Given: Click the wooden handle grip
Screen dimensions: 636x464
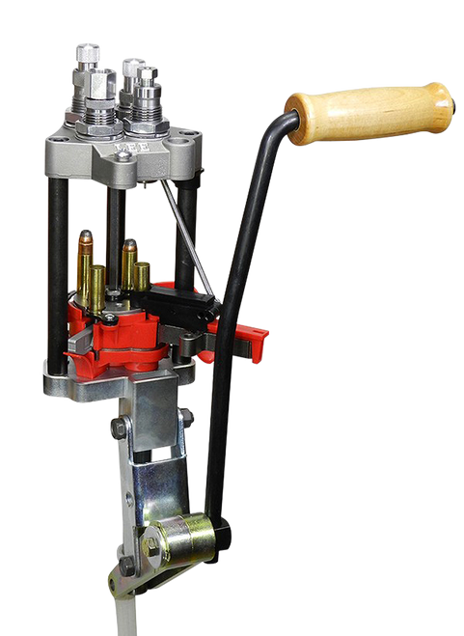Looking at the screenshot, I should pos(371,112).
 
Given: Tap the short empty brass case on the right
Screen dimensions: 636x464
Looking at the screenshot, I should pos(142,275).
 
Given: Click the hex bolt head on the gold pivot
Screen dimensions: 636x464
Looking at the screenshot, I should pos(152,544).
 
